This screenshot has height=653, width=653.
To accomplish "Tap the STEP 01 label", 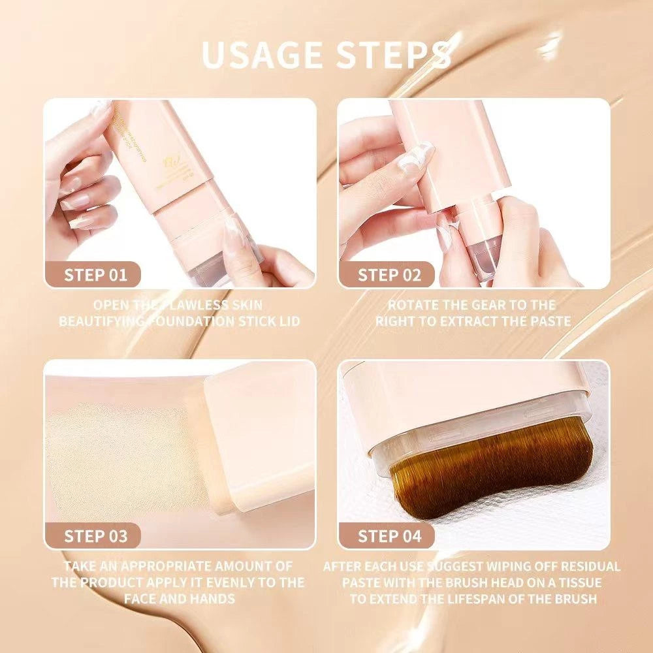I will [x=95, y=275].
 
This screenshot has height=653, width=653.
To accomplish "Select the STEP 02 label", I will [x=390, y=275].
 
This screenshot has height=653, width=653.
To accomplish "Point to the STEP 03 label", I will [x=95, y=537].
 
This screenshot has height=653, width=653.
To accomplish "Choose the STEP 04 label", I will [x=390, y=537].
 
